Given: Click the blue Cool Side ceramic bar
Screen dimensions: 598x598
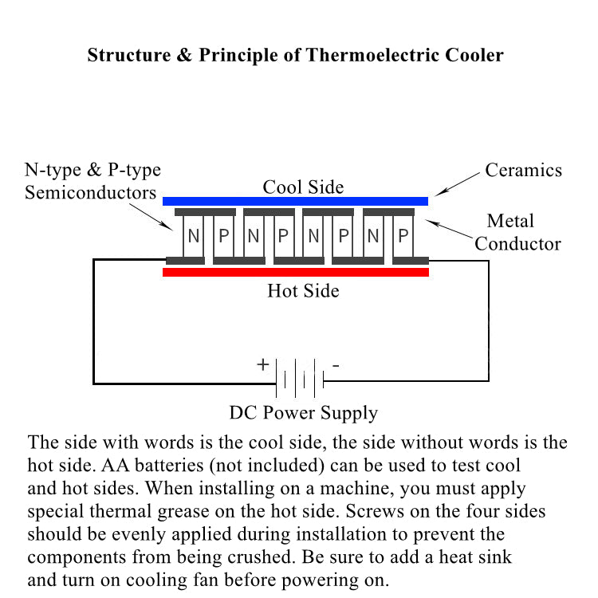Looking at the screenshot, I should click(295, 201).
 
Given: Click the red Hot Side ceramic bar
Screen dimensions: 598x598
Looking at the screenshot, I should click(295, 272).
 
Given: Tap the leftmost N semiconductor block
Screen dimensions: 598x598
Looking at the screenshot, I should click(194, 236).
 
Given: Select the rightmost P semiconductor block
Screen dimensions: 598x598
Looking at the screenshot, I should click(403, 236).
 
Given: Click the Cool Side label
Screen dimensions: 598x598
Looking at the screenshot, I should click(304, 187).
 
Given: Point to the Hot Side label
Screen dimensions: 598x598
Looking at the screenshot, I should click(303, 290).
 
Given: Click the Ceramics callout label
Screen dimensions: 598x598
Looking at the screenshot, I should click(524, 170).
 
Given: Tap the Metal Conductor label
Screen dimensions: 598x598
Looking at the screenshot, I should click(517, 232).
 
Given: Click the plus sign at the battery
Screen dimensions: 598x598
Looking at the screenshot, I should click(262, 365).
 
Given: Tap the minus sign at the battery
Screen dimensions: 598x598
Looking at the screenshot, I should click(336, 365).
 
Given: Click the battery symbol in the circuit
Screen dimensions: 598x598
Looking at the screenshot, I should click(300, 376).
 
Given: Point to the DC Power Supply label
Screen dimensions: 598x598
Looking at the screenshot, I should click(304, 413).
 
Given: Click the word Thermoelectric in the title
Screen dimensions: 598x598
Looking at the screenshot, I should click(364, 56).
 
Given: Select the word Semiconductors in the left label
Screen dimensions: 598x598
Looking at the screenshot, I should click(90, 192).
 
